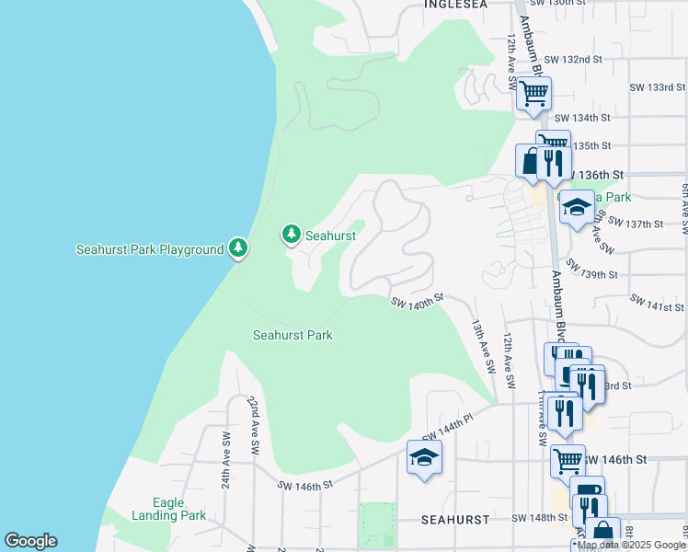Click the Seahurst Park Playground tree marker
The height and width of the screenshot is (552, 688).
coord(238,248)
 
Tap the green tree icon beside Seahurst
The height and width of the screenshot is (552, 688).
coord(292,236)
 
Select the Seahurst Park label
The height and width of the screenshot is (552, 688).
coord(292,336)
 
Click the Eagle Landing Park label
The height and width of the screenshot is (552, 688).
coord(181,510)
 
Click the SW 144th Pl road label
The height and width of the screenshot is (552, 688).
coord(447,426)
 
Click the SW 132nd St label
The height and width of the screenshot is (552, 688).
coord(572,60)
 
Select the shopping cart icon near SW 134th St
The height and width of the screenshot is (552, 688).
coord(533,93)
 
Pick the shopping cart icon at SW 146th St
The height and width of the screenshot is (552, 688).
coord(568,461)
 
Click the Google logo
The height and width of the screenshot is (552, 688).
coord(30,541)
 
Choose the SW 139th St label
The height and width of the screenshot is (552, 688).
coord(591,270)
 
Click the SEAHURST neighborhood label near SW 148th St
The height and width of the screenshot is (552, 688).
coord(455,520)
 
